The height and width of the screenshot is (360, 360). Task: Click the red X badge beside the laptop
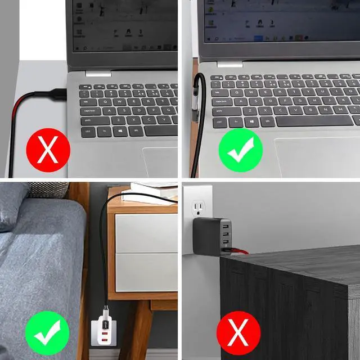[48, 151]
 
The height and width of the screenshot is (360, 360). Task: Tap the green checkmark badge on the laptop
[241, 151]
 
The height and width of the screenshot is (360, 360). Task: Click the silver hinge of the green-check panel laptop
[229, 64]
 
